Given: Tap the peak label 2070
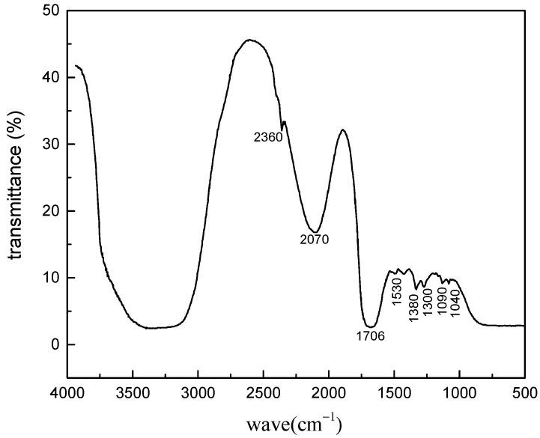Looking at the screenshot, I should click(313, 240).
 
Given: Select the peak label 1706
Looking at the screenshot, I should click(370, 335).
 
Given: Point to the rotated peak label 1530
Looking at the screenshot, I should click(398, 294).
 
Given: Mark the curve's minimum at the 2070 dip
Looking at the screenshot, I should click(316, 231).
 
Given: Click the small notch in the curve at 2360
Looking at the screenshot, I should click(282, 128).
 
